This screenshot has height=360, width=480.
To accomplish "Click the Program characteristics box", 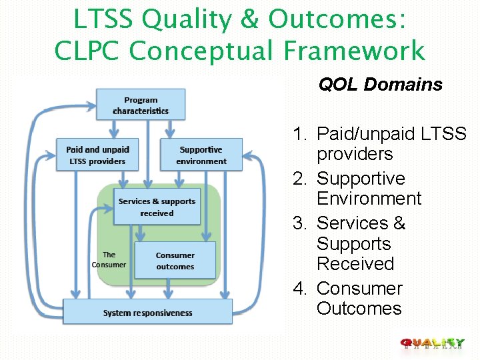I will (x=141, y=105).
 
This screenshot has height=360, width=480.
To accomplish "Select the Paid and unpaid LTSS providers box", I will (x=97, y=155).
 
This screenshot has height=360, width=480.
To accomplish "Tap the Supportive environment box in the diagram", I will (x=201, y=155).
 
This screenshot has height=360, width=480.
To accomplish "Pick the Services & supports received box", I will (x=157, y=207).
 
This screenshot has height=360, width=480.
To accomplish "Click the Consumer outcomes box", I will (x=175, y=261).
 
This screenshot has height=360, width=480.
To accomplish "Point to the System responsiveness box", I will (x=147, y=313).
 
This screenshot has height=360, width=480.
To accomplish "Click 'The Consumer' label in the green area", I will (x=109, y=260).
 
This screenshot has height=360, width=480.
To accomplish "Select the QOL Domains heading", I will (x=380, y=85).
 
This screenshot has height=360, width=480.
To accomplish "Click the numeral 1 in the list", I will (x=299, y=134).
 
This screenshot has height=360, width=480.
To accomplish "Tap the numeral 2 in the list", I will (x=299, y=179).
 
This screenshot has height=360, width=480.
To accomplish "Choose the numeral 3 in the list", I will (x=299, y=223).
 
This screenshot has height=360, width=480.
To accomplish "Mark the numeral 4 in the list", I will (x=299, y=289).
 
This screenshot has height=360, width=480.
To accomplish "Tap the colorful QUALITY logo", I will (x=433, y=344).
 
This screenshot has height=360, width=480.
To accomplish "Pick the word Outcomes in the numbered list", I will (x=359, y=309).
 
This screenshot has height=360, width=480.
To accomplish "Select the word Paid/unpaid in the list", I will (x=366, y=134).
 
